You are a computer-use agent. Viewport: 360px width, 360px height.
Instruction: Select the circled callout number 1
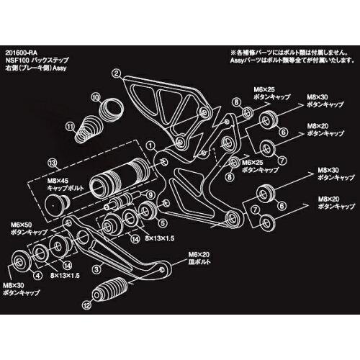pos(152,145)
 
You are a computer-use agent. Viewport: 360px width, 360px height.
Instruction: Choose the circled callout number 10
pos(96,96)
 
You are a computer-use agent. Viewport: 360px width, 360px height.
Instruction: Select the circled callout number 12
pos(87,305)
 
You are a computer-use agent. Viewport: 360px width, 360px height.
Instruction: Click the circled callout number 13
pos(51,162)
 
